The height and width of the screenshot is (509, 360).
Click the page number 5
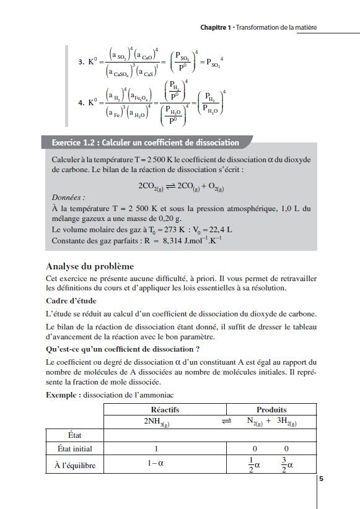tap(321, 478)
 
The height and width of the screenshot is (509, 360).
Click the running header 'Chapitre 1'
tap(215, 27)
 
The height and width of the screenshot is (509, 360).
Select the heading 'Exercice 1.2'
tap(74, 142)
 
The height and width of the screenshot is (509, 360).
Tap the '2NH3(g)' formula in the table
tap(154, 421)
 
